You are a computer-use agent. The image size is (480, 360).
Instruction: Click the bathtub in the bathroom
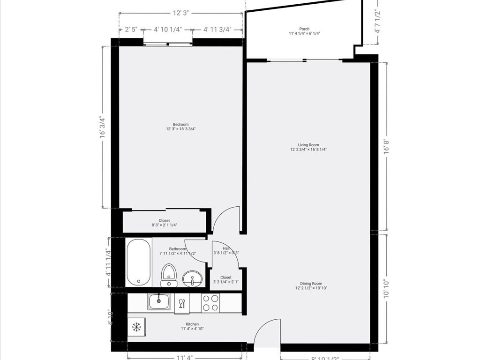coord(138,262)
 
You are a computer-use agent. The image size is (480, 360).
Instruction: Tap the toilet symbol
coord(169,275)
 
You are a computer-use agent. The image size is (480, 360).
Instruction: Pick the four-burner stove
coord(210,303)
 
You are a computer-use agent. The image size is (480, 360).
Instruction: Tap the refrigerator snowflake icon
coord(136,327)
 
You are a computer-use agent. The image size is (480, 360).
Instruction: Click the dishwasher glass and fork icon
coord(182,303)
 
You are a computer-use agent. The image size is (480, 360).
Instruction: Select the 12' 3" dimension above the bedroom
coord(180,13)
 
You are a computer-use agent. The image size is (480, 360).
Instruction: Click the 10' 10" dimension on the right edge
coord(386,289)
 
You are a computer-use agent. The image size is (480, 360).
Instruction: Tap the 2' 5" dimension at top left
coord(131,30)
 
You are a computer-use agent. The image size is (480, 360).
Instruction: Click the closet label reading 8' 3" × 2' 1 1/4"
coord(164,223)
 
